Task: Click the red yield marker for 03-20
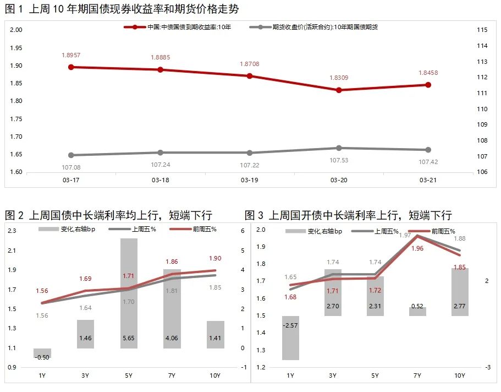tap(339, 90)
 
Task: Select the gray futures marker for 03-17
tap(71, 155)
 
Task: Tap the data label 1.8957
tap(71, 55)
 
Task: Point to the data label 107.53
tap(339, 160)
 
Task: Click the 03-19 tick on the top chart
tap(249, 180)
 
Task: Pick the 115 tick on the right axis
tap(482, 30)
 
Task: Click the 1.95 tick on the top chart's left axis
tap(16, 48)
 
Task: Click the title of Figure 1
tap(122, 9)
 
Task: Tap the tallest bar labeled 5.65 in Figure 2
tap(129, 292)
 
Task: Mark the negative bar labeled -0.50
tap(42, 353)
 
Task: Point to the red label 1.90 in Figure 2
tap(214, 259)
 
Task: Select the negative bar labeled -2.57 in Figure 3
tap(290, 337)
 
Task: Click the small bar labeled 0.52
tap(417, 312)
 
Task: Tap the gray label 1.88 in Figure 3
tap(459, 238)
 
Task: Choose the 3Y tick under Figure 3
tap(333, 375)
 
